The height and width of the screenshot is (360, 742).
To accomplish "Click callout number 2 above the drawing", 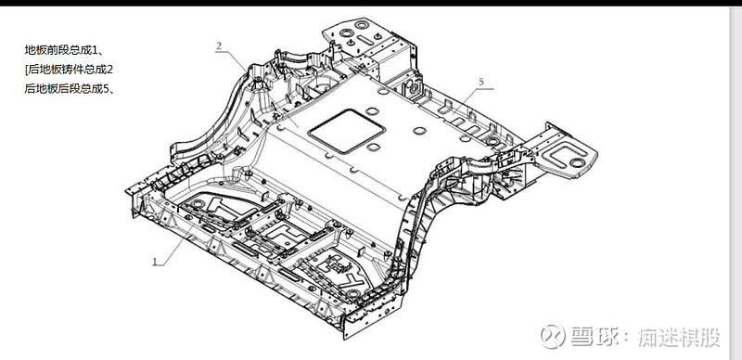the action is (219, 46).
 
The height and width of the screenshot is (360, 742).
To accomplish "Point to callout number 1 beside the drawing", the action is (154, 261).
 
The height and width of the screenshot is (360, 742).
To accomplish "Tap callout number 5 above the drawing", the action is (481, 82).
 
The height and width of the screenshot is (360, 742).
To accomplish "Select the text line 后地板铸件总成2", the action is (69, 70).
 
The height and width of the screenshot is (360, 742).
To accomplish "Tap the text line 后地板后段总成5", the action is (69, 88).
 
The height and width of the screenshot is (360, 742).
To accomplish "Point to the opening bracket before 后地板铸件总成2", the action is (27, 70).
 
